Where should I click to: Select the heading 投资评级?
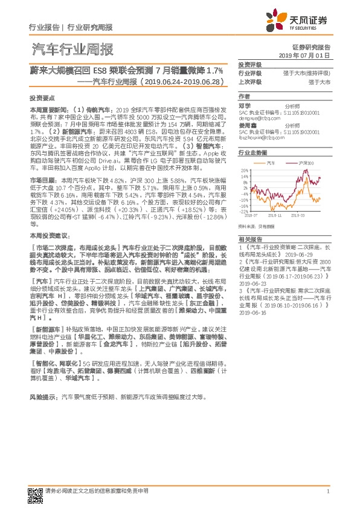click(x=249, y=64)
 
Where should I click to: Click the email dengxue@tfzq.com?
click(x=256, y=120)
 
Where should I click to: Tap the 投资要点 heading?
click(x=42, y=97)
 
